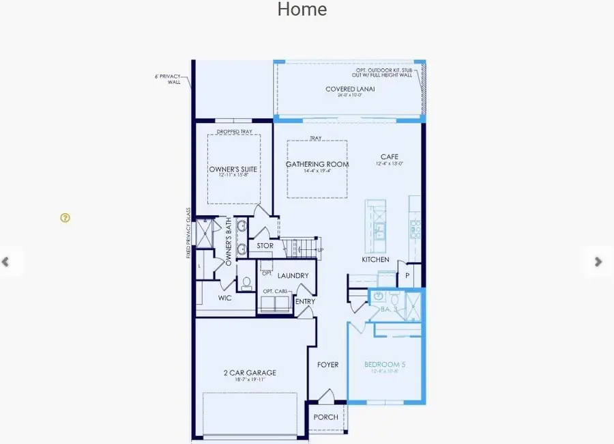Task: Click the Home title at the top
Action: click(302, 10)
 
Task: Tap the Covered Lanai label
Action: click(351, 89)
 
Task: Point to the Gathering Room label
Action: click(317, 165)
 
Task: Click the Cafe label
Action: click(389, 157)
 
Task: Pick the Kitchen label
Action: click(375, 260)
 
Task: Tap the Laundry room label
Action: click(293, 276)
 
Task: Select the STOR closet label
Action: click(265, 246)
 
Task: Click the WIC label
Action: click(226, 299)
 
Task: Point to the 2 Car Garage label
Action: click(250, 373)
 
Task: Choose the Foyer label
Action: click(327, 365)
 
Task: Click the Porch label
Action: click(325, 417)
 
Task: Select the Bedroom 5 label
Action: click(385, 365)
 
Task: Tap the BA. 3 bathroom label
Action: click(390, 309)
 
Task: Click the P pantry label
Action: click(408, 275)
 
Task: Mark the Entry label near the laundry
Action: click(304, 301)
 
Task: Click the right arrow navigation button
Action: click(598, 262)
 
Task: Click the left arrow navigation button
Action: click(6, 262)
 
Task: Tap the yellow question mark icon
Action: click(65, 218)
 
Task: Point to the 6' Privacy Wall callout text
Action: click(169, 79)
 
